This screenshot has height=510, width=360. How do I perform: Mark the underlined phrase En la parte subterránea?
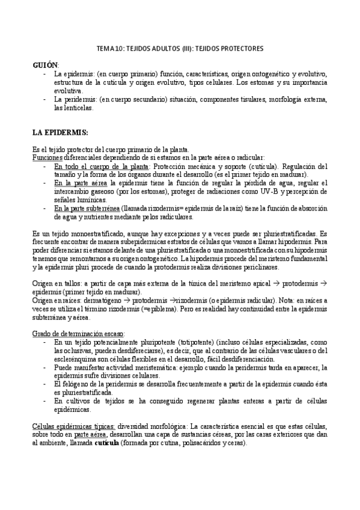pyautogui.click(x=86, y=208)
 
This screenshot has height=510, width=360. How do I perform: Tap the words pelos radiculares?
pyautogui.click(x=173, y=217)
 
